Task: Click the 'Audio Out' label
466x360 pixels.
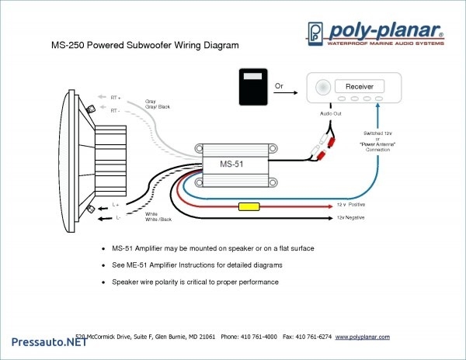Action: (x=332, y=114)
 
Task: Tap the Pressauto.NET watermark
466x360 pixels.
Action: (x=43, y=342)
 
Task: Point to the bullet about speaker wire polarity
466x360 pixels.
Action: (x=195, y=282)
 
